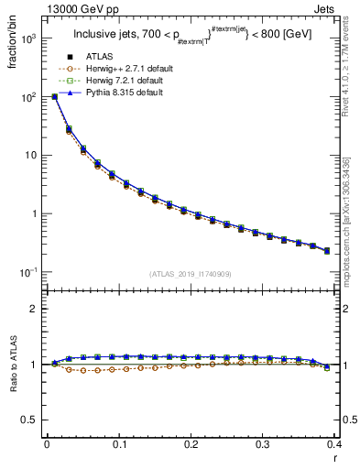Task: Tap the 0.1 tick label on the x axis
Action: tap(119, 444)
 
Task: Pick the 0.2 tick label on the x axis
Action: tap(191, 444)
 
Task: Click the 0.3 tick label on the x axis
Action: tap(263, 444)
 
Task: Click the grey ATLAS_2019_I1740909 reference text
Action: tap(191, 274)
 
